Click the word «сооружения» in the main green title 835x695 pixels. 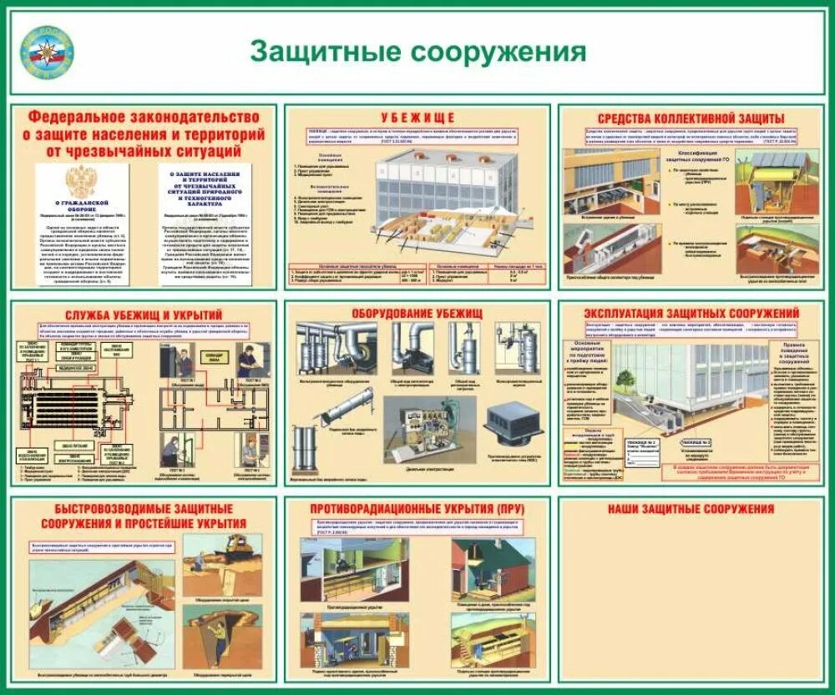[499, 52]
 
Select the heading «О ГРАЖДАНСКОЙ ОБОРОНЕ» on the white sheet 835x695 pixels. [81, 204]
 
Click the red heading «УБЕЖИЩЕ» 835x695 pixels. [417, 117]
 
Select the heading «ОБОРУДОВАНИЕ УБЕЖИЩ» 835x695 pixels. [417, 312]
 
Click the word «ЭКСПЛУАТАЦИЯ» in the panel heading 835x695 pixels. [632, 313]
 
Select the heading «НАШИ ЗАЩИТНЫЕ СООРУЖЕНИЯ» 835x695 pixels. [691, 509]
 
